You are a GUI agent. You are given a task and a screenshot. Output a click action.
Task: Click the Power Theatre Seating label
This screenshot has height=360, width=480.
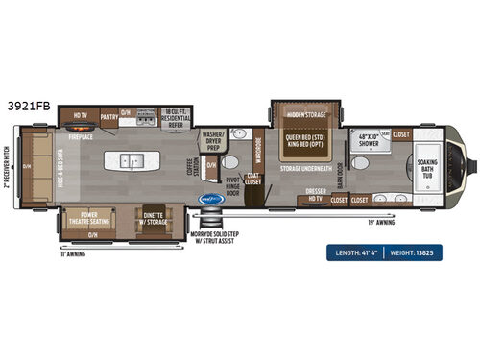[93, 216]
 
